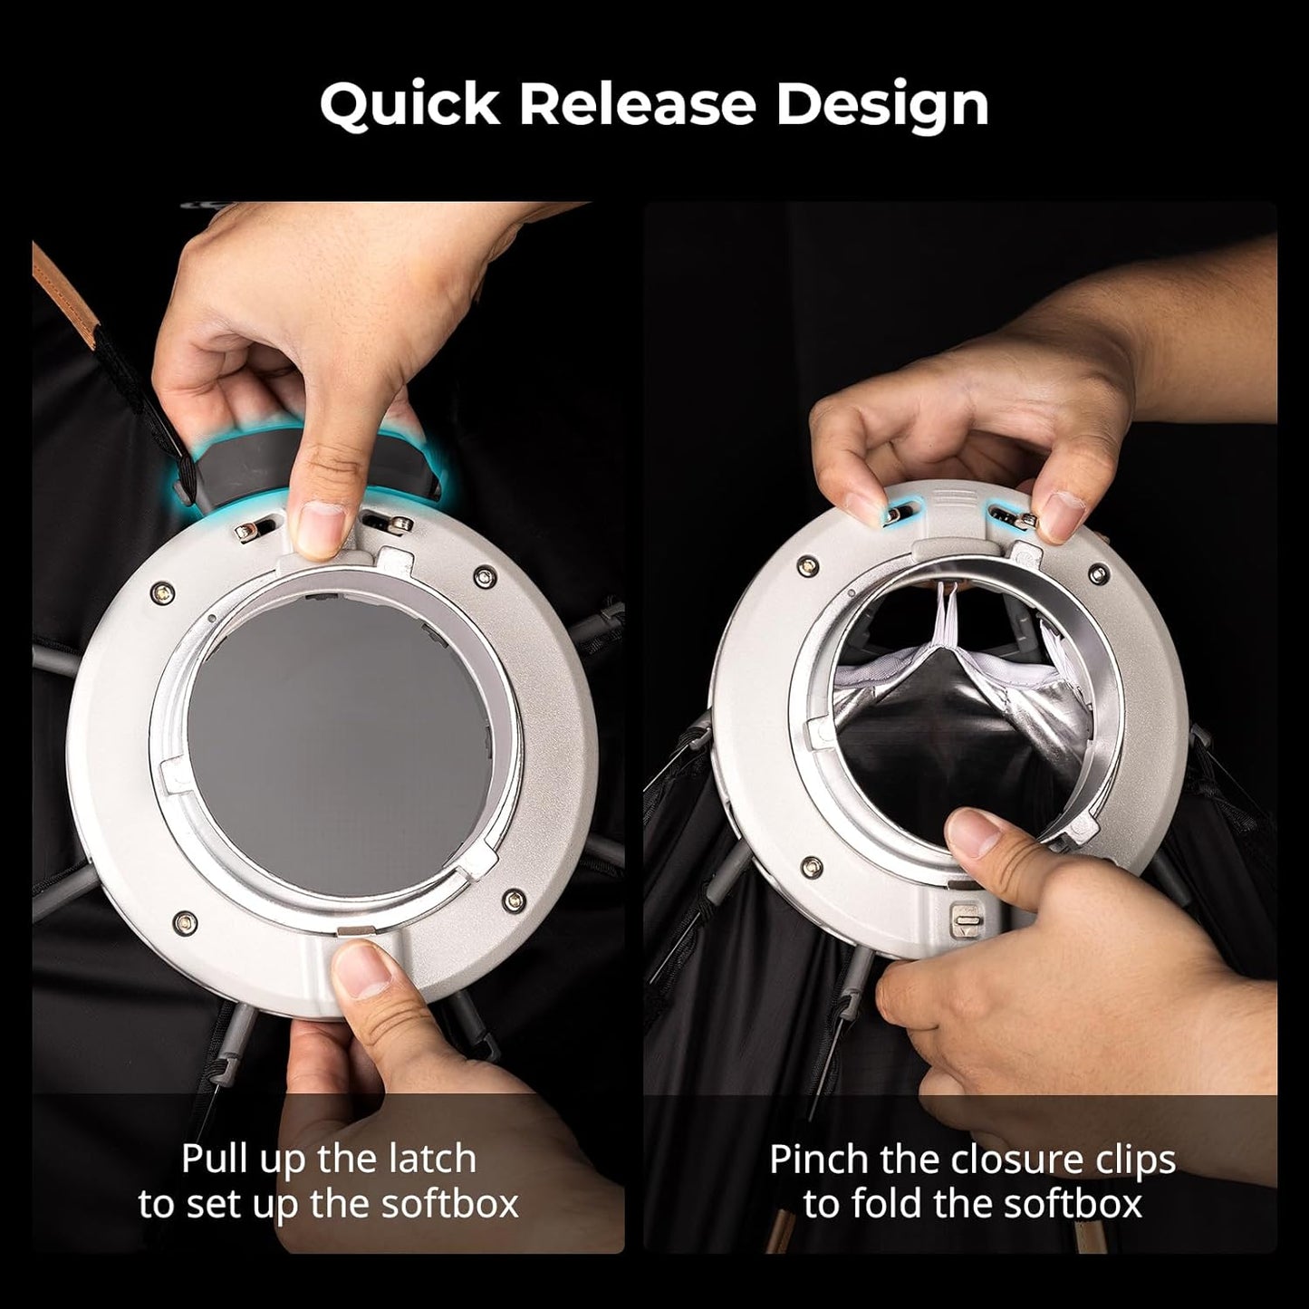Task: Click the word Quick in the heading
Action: [409, 105]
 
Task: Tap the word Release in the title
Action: [637, 105]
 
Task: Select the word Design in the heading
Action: [881, 105]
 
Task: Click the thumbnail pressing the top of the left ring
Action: [320, 527]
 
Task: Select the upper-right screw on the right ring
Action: [1099, 573]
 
